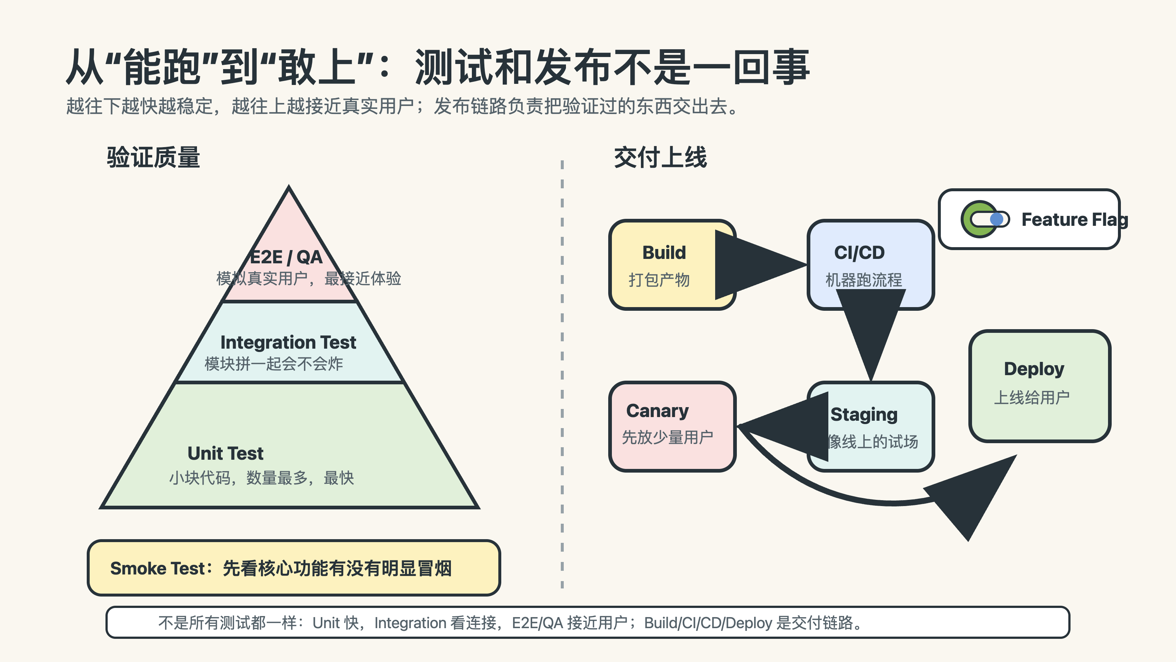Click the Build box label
(664, 253)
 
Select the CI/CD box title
(859, 253)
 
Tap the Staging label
(864, 414)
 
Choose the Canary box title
(657, 411)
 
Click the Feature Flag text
(1074, 220)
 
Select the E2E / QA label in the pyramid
(286, 257)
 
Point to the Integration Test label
(288, 342)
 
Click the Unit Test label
(226, 453)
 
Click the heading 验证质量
(153, 158)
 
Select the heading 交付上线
(660, 158)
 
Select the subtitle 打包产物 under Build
(659, 280)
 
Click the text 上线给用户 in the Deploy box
(1032, 398)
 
